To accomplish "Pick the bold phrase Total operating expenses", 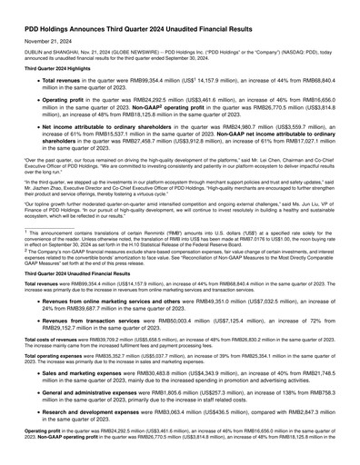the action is (42, 355).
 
